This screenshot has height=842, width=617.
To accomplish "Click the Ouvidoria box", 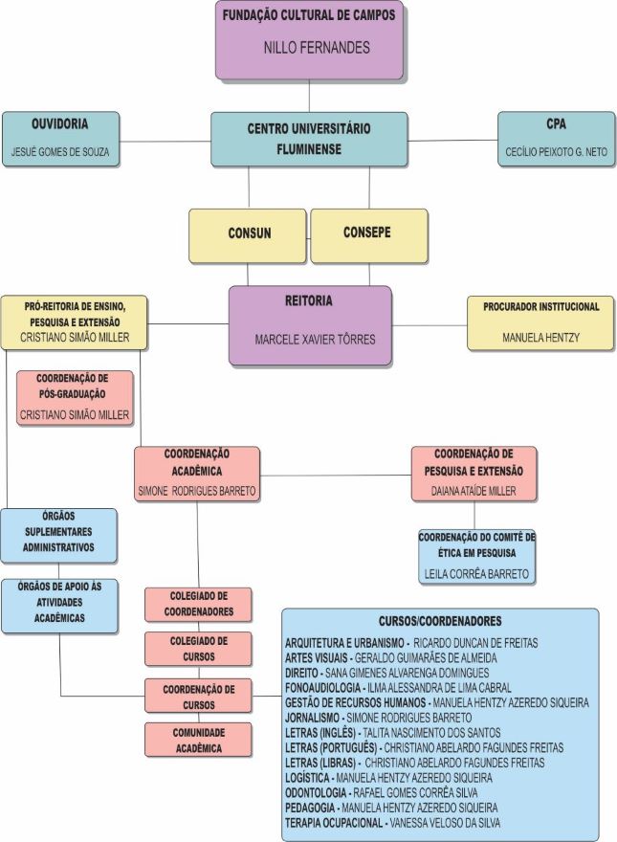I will pyautogui.click(x=60, y=139).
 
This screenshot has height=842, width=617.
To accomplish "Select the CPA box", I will pyautogui.click(x=555, y=139).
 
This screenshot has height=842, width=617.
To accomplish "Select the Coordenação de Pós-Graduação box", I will pyautogui.click(x=75, y=397).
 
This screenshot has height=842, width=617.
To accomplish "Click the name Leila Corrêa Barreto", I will pyautogui.click(x=476, y=574).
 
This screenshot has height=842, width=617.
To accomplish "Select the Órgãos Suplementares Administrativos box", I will pyautogui.click(x=59, y=536).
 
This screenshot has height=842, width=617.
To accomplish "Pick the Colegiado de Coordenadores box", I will pyautogui.click(x=198, y=605).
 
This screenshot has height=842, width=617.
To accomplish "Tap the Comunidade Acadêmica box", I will pyautogui.click(x=198, y=740).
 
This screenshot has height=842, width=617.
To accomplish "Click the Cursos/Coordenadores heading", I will pyautogui.click(x=440, y=621).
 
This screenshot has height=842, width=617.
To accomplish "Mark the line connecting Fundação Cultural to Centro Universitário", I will pyautogui.click(x=309, y=96).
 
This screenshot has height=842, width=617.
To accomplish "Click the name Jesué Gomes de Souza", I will pyautogui.click(x=59, y=152).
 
